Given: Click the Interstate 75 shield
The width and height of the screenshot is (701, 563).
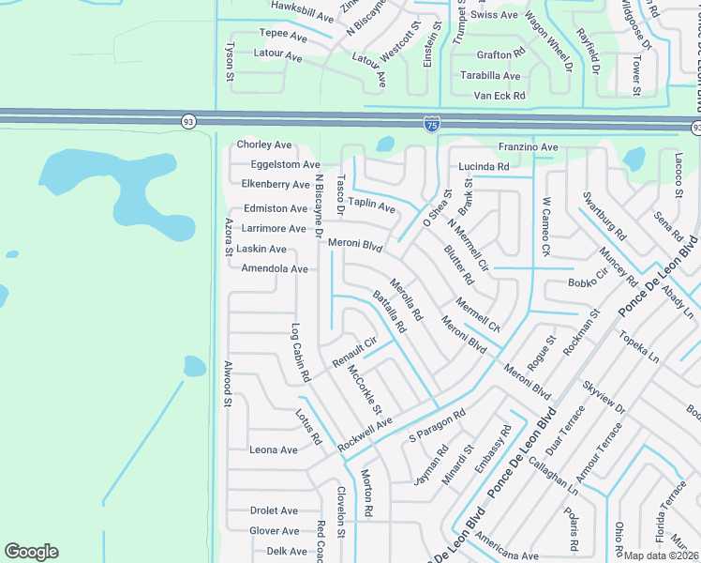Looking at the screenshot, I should point(431,124).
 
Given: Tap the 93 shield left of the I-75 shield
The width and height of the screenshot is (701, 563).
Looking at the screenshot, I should point(188,121).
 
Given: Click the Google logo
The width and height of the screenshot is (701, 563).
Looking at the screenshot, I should point(31,552).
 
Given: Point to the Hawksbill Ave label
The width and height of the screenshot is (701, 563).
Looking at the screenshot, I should point(302,18).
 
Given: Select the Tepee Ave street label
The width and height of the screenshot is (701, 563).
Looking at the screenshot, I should point(283,36).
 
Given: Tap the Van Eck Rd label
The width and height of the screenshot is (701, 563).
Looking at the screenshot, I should point(500,96).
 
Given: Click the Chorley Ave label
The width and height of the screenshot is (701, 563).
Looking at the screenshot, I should point(264,145).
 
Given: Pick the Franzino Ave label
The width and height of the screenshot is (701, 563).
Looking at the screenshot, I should point(528,147).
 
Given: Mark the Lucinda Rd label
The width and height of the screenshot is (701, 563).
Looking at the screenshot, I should point(484,167).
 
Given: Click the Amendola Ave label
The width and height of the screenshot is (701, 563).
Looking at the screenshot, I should point(275,269).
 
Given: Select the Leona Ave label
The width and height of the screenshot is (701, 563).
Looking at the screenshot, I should point(274,450).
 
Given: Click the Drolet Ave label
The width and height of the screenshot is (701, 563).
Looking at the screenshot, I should point(274,511).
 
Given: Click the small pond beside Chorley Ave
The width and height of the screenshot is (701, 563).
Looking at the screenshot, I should point(384,145).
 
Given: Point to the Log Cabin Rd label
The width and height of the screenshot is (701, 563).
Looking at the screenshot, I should point(300,354).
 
